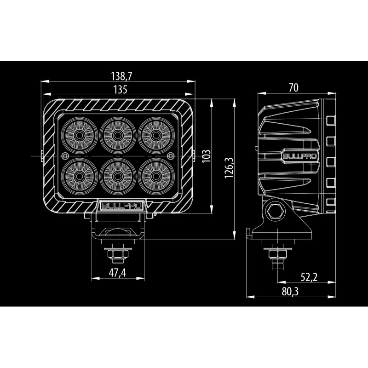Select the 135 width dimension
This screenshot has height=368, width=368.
(118, 90)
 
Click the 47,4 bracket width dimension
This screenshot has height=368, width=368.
(117, 272)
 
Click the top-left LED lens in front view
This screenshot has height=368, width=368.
(79, 135)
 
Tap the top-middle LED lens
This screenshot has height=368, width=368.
(118, 135)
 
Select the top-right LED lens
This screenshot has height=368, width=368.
(157, 135)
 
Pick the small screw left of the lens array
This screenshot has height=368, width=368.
(66, 155)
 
